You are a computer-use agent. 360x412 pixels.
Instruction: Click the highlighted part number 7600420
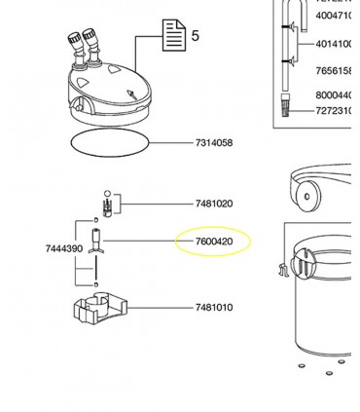point(213,242)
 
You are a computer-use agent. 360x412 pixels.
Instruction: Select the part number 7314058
point(213,143)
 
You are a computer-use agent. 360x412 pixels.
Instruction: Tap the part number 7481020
point(213,205)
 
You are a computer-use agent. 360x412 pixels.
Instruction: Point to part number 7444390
point(64,249)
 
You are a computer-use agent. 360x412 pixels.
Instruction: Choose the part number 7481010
point(213,308)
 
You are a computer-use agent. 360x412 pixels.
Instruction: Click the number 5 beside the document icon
point(195,36)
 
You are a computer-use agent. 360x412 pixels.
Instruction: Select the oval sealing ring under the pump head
point(109,142)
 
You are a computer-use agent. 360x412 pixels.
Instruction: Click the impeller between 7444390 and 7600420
point(96,243)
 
